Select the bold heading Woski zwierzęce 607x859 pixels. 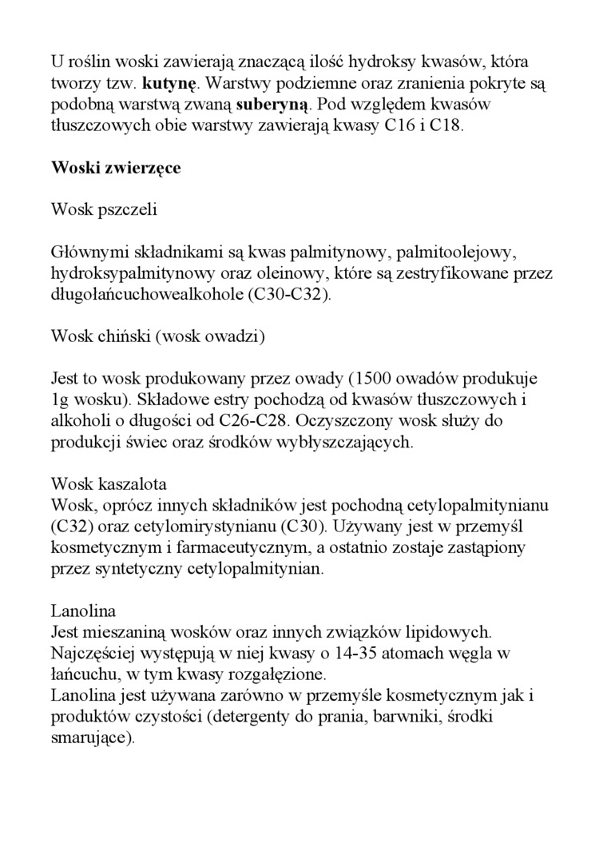(116, 168)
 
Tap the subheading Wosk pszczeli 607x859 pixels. (104, 210)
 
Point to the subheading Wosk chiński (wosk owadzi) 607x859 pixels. (157, 336)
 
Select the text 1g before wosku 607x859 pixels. (61, 400)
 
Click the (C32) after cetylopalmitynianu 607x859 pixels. (71, 527)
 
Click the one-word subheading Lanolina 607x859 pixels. (83, 611)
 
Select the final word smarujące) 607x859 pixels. (93, 738)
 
